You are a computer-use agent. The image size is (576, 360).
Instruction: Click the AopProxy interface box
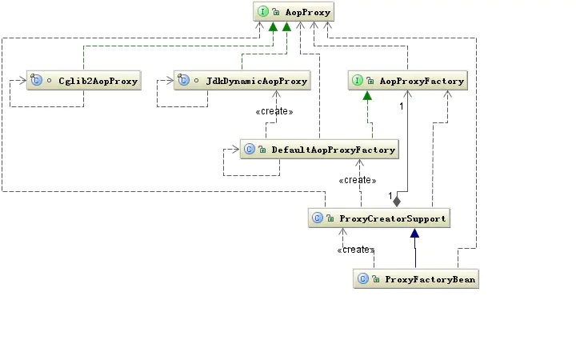(x=293, y=12)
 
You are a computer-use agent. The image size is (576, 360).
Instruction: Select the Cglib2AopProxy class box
(x=83, y=81)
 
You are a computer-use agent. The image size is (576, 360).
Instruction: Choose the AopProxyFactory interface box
(x=406, y=81)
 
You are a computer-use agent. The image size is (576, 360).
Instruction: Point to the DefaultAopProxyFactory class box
(x=318, y=150)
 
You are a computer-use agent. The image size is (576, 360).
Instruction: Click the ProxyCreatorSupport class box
(x=378, y=218)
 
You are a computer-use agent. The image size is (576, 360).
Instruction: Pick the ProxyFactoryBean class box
(x=415, y=279)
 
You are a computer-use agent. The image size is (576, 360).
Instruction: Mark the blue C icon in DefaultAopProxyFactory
(x=249, y=150)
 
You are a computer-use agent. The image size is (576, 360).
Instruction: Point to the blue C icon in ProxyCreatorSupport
(x=318, y=218)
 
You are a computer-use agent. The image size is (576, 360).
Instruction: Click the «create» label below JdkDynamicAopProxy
(x=274, y=112)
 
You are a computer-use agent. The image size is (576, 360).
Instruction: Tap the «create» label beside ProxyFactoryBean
(x=356, y=250)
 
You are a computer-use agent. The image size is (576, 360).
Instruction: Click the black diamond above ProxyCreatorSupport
(x=397, y=201)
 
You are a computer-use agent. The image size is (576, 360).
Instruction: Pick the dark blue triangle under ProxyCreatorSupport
(x=414, y=234)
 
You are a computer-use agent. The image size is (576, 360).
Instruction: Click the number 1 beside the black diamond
(x=390, y=197)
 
